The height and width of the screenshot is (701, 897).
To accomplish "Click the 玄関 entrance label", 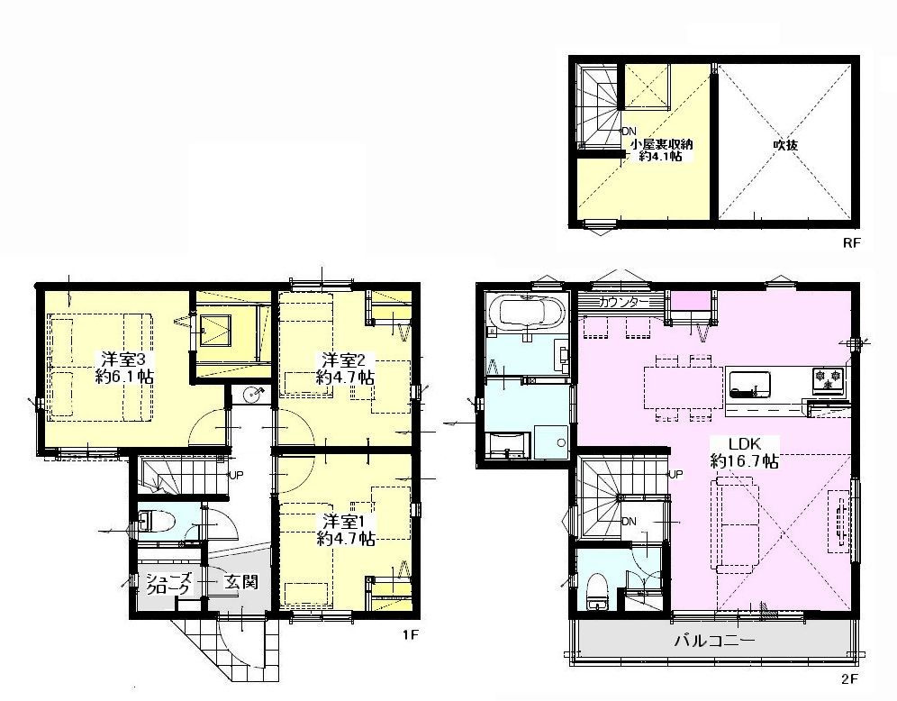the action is [x=240, y=582].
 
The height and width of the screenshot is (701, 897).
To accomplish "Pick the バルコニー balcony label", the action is [x=714, y=640].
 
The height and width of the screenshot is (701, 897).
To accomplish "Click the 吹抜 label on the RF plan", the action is [x=785, y=145].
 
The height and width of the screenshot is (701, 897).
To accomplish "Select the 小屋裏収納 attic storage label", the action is [x=662, y=144].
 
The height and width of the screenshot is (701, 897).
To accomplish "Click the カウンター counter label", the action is [x=623, y=302].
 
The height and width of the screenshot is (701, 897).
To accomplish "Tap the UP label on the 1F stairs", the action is [x=236, y=475].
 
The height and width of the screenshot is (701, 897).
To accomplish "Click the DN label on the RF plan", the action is [x=629, y=131].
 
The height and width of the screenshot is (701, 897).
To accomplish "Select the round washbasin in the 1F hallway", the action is [x=251, y=395].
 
